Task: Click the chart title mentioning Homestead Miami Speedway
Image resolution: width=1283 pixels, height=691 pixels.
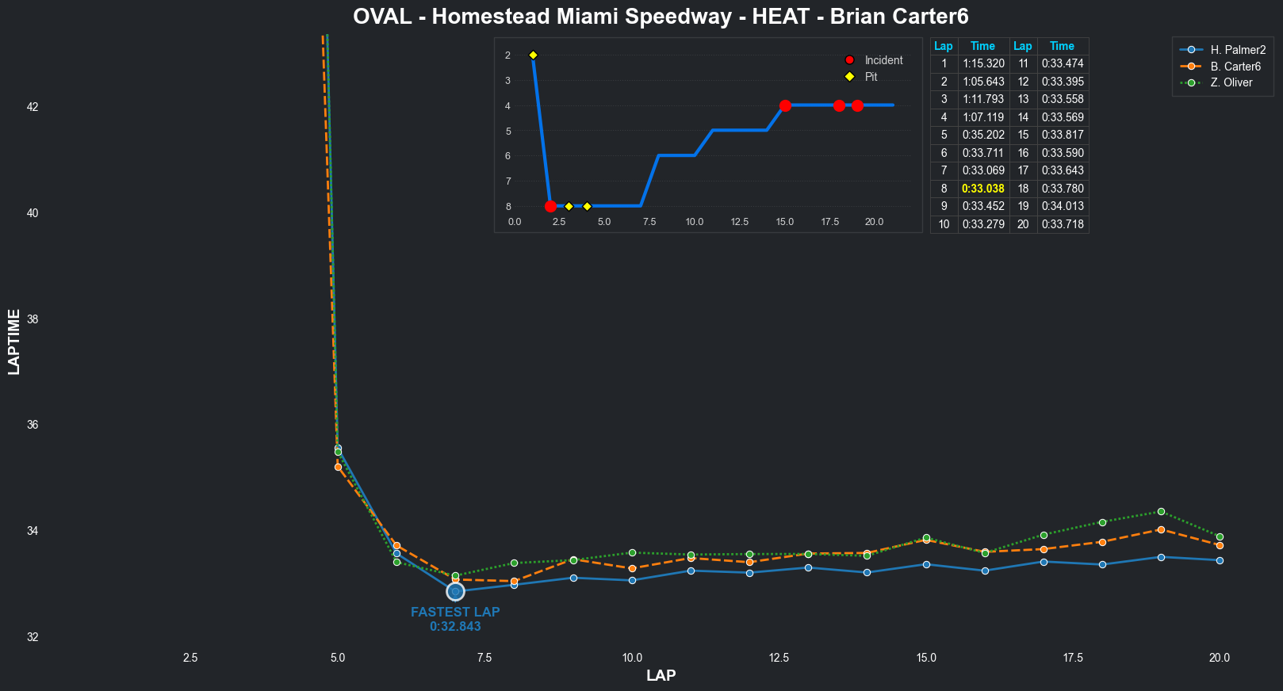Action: [x=661, y=17]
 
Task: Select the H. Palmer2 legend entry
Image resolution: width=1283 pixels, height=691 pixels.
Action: [x=1237, y=50]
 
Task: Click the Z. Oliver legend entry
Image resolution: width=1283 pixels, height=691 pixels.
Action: [x=1231, y=82]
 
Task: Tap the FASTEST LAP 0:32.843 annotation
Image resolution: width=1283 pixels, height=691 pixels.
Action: [x=455, y=619]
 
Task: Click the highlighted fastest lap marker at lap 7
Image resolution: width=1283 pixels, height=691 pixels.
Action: [x=455, y=591]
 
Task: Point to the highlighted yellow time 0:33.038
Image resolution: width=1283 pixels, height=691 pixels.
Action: [x=983, y=189]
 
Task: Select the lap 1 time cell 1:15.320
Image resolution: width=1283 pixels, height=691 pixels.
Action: [x=983, y=63]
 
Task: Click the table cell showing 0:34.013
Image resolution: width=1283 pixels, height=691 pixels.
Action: [x=1063, y=206]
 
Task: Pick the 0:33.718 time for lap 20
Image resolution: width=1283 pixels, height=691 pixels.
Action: [x=1063, y=224]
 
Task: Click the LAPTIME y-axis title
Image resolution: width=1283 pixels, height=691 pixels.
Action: [x=14, y=342]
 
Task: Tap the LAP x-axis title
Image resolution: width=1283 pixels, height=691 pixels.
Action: [x=661, y=676]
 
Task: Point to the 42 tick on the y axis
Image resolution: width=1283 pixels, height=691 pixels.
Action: [x=33, y=107]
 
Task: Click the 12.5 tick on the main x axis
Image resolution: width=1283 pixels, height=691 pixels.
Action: [x=779, y=658]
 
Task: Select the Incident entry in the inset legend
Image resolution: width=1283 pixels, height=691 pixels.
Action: [x=883, y=60]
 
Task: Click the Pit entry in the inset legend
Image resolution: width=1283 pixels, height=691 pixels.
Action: [x=871, y=77]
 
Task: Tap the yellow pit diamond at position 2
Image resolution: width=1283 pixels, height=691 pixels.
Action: [x=533, y=55]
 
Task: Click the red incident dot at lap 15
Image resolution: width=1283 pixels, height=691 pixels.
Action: [x=785, y=105]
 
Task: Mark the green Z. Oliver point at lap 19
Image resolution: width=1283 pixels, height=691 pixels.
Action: [x=1161, y=512]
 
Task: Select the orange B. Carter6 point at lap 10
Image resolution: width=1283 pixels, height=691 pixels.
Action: [x=632, y=568]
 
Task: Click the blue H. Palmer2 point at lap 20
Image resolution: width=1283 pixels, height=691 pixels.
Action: [x=1220, y=560]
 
